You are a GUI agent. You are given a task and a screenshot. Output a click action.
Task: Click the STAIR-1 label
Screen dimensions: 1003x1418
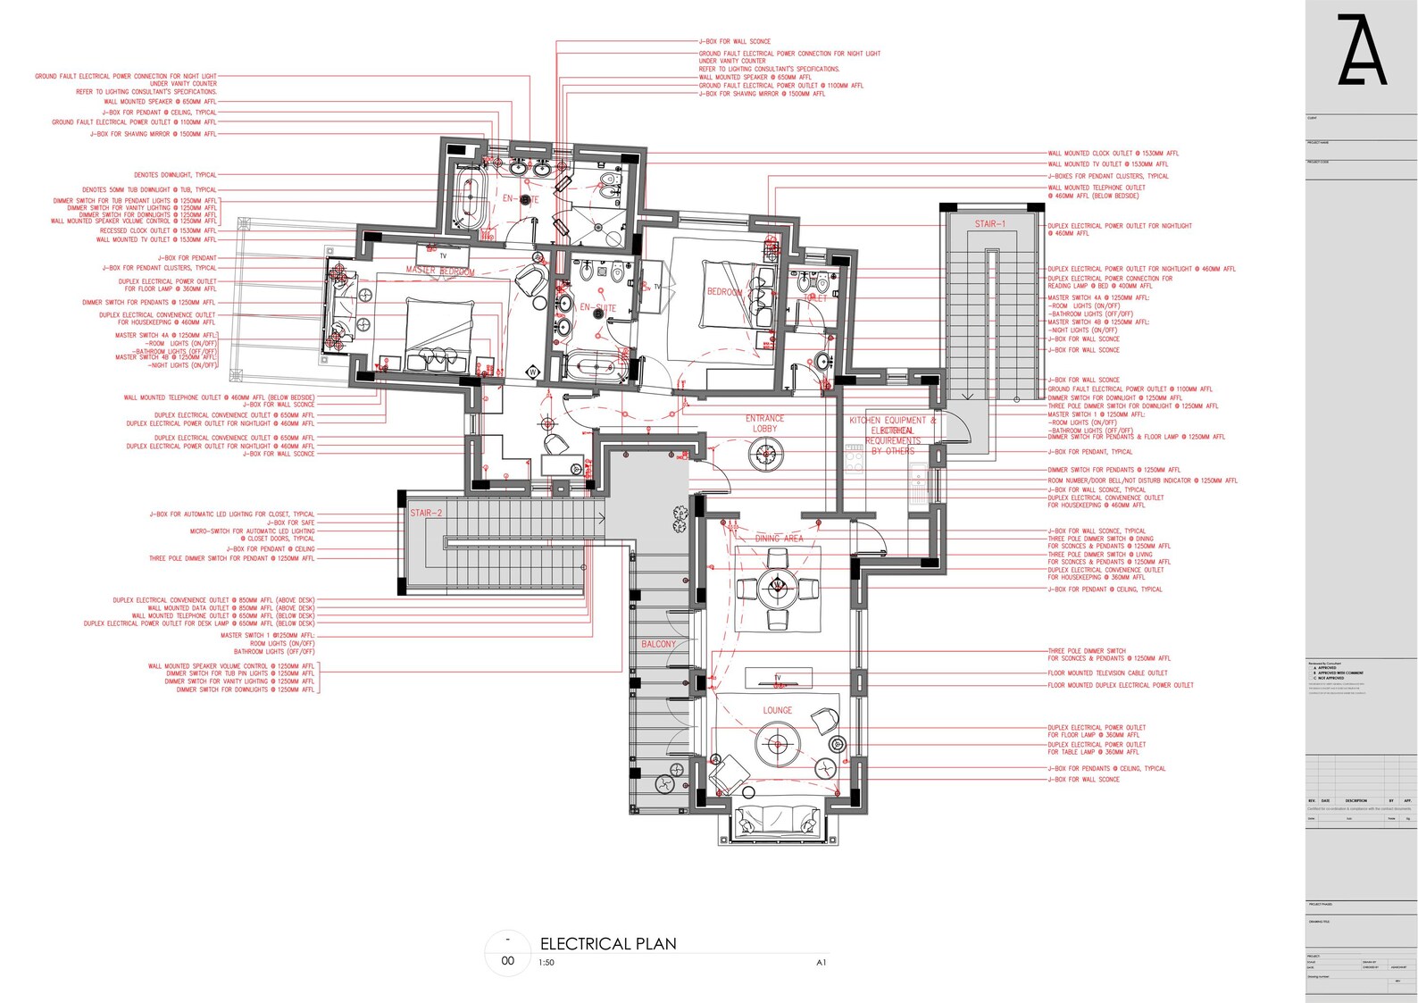pos(989,224)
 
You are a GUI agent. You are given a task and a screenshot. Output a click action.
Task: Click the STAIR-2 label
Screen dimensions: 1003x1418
pos(426,514)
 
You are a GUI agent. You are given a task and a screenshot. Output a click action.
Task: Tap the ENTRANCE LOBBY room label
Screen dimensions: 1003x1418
pos(765,423)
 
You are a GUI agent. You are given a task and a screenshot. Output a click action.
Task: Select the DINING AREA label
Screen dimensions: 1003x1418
pos(779,539)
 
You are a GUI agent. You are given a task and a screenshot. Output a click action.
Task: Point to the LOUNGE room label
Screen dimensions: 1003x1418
pos(777,710)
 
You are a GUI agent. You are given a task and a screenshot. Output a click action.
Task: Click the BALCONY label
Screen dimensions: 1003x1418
pos(659,644)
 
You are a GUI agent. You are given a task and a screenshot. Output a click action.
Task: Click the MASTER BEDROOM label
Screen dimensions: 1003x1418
pos(440,271)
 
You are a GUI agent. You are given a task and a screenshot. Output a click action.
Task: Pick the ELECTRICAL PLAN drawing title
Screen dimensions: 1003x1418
pos(608,944)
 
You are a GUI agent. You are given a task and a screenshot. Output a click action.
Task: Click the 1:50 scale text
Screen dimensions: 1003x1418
pos(546,963)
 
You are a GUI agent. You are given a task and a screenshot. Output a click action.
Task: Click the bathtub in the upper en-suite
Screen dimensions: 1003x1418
pos(469,196)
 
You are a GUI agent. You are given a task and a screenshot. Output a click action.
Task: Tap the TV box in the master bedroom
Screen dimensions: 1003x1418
pos(443,255)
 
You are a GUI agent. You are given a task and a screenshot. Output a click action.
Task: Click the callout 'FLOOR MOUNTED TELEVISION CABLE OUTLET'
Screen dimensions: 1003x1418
pos(1107,673)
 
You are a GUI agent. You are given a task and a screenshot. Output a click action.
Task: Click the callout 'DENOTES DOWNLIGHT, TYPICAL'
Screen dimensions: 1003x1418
pos(175,175)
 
